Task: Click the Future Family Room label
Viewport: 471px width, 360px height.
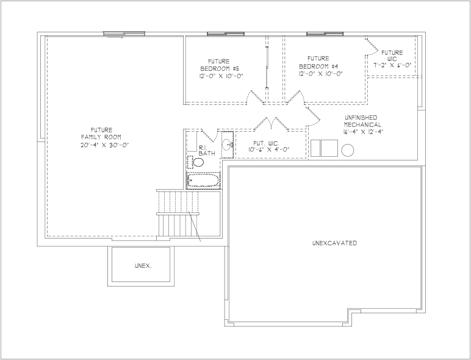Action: point(101,134)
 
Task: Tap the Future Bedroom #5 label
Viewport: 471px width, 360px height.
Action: point(220,65)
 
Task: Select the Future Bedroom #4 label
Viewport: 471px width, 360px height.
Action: point(318,62)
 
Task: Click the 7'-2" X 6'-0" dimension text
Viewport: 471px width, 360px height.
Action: point(392,65)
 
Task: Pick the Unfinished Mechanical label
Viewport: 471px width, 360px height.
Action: point(362,121)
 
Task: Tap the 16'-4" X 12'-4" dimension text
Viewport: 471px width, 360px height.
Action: point(363,132)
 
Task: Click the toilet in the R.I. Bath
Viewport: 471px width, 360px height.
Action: point(196,162)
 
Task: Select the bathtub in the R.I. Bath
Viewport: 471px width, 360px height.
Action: point(203,180)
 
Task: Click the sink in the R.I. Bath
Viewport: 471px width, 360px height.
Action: point(228,145)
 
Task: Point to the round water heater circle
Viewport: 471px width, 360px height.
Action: point(348,150)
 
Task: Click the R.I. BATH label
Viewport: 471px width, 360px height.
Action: point(207,151)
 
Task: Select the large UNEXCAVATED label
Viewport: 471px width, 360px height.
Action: point(334,243)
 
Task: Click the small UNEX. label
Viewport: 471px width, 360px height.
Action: point(143,266)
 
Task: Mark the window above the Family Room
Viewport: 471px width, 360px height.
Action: point(124,34)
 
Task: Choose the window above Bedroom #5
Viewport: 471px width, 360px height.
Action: point(226,34)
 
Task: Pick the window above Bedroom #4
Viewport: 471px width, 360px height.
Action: point(325,34)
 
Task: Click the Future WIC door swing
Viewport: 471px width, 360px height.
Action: point(372,47)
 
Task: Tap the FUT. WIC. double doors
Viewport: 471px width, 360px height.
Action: point(271,124)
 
